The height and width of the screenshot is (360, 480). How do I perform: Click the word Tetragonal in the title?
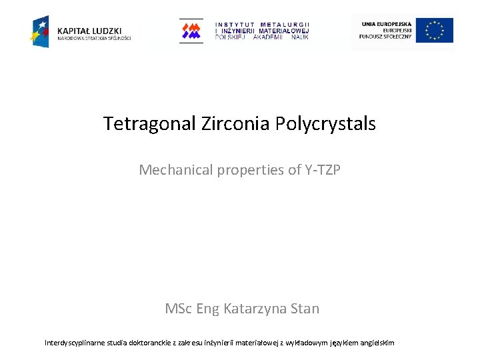click(149, 124)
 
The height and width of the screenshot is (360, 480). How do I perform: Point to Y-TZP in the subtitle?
click(323, 170)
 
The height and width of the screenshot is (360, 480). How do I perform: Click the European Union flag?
click(435, 31)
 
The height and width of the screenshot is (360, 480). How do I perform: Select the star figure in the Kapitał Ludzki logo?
click(40, 31)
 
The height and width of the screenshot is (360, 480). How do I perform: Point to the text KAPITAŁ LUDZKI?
click(89, 30)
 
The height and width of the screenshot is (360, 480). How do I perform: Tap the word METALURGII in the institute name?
click(285, 25)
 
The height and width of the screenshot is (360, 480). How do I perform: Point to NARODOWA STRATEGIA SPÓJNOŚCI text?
click(94, 38)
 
